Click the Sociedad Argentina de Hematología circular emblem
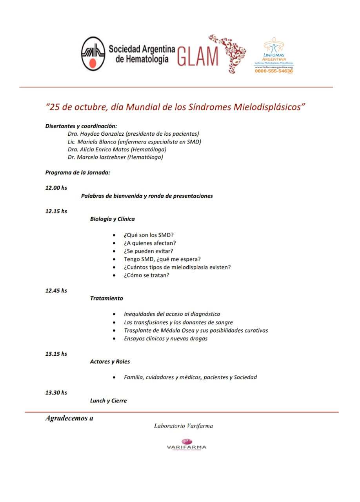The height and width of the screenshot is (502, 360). pos(93,54)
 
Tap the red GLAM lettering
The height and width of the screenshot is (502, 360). pos(198,56)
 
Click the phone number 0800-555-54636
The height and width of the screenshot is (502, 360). pos(274,71)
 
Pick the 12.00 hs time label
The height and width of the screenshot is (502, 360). pos(56,188)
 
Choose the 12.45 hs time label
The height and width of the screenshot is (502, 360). pos(56,291)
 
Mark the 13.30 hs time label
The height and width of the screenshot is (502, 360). pos(56,393)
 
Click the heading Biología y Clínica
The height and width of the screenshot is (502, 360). pos(112,219)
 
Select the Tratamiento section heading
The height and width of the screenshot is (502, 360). pos(106,298)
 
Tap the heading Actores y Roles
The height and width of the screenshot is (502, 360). pos(110,362)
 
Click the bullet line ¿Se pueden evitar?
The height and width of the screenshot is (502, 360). pos(149,251)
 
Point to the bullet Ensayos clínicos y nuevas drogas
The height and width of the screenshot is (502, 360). pos(165,338)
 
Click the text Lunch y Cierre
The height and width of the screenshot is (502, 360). pos(108,400)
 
